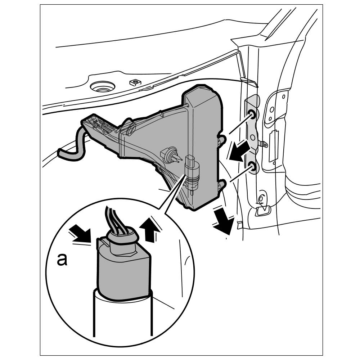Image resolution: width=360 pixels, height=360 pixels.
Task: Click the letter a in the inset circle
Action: pyautogui.click(x=62, y=260)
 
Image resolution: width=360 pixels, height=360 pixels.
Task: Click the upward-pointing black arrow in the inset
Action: pyautogui.click(x=150, y=230)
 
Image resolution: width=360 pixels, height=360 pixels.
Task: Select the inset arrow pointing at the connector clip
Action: pyautogui.click(x=80, y=234)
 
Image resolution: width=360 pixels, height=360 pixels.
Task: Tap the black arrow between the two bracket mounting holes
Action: pyautogui.click(x=239, y=150)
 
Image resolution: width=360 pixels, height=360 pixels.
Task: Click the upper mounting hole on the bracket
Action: pyautogui.click(x=252, y=114)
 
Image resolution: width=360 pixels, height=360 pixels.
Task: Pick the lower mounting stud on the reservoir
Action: pyautogui.click(x=221, y=185)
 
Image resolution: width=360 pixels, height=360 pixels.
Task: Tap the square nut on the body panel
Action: pyautogui.click(x=135, y=82)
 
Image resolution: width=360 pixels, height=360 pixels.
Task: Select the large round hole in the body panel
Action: pyautogui.click(x=103, y=86)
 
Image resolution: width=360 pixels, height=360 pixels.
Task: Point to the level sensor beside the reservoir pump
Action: pyautogui.click(x=170, y=155)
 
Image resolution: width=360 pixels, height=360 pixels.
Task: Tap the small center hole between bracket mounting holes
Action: pyautogui.click(x=252, y=138)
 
